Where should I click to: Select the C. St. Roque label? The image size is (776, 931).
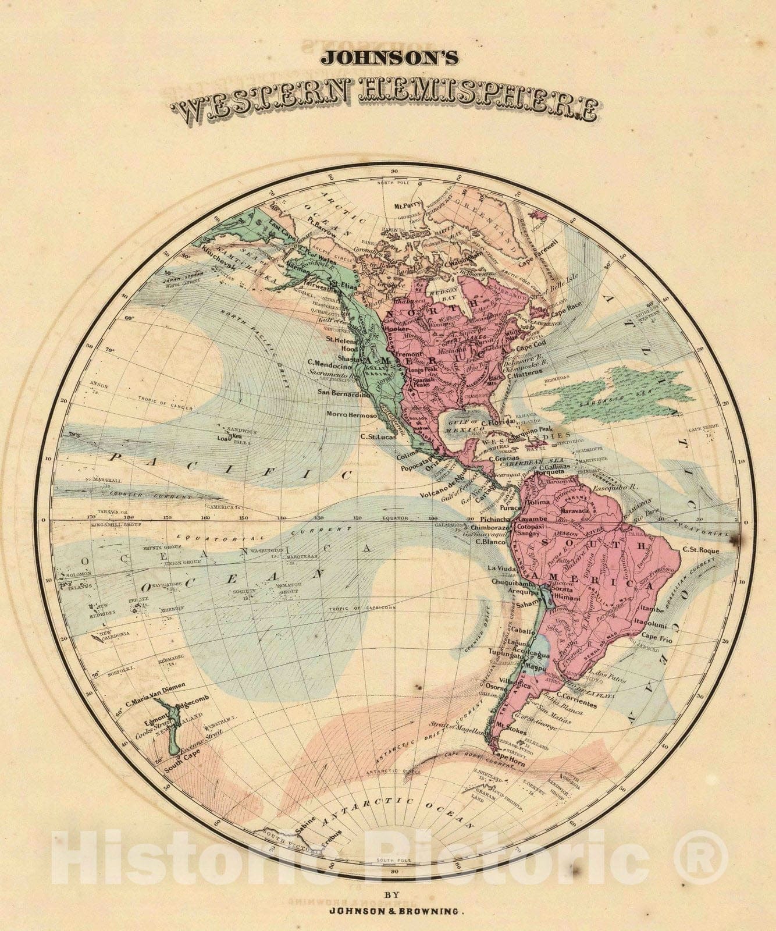click(701, 549)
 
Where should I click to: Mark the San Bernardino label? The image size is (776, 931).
click(344, 393)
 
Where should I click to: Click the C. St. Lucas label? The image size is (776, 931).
click(378, 436)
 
